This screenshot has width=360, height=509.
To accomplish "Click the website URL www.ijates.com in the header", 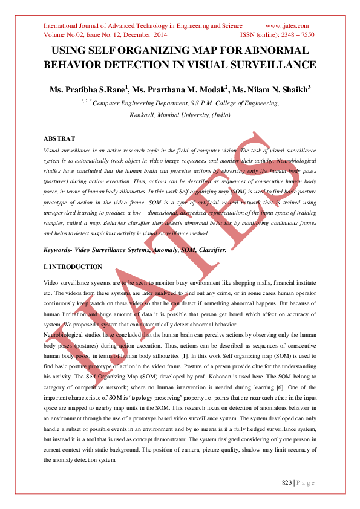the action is [287, 25].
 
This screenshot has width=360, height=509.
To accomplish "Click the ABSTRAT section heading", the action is [60, 139].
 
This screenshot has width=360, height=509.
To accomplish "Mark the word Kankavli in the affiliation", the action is [144, 114].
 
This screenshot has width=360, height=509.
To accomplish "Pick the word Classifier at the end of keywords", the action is [209, 250].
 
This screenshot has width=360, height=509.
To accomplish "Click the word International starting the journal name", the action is [65, 25].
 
